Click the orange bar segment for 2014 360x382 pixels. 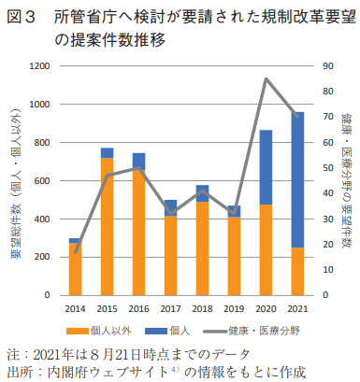click(76, 268)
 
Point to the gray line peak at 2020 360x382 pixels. click(266, 78)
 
